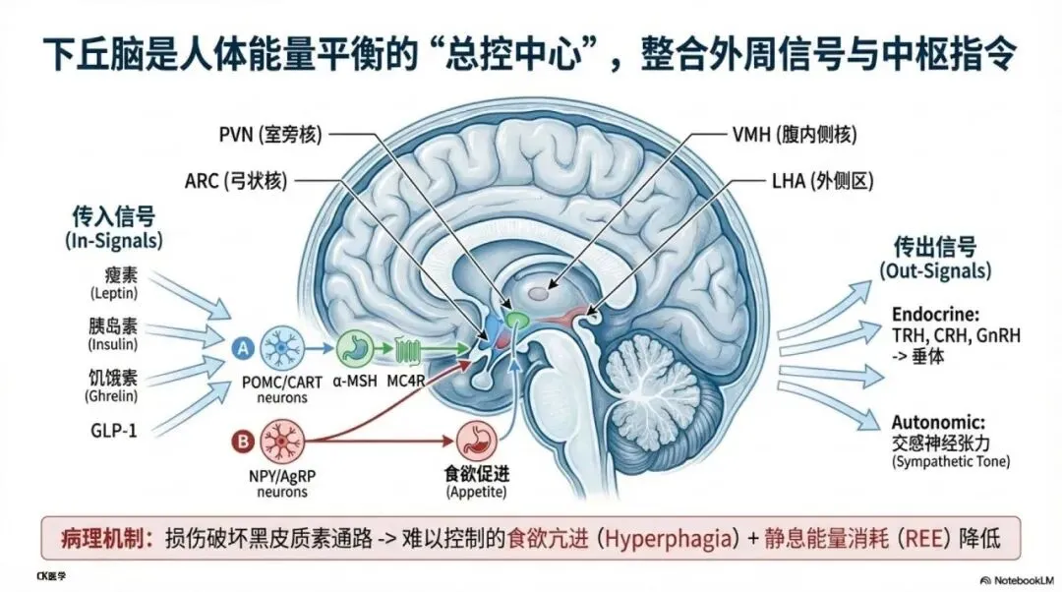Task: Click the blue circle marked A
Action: [241, 346]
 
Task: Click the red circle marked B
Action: [240, 441]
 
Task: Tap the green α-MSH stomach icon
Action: [355, 347]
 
